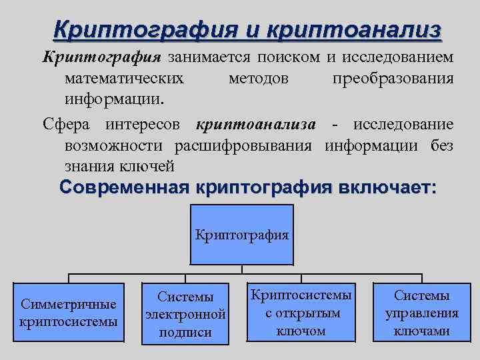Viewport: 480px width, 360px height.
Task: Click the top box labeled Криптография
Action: [242, 235]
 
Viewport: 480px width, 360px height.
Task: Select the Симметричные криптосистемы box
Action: [69, 313]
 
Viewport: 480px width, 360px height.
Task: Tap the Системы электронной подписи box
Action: [185, 313]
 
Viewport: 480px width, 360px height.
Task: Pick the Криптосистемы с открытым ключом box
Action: [301, 313]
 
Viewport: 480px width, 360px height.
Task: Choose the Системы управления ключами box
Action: [421, 313]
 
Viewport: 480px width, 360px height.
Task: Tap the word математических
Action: [125, 79]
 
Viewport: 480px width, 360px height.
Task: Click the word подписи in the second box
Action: [185, 332]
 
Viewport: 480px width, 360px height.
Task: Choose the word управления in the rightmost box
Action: [421, 313]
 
